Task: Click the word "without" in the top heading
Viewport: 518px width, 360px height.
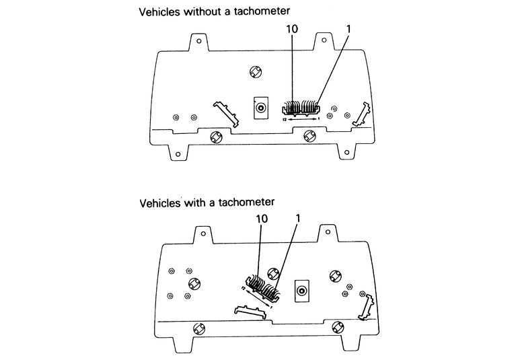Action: tap(201, 11)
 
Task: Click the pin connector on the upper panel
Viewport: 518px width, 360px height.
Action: tap(300, 107)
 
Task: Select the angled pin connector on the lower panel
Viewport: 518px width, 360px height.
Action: tap(261, 288)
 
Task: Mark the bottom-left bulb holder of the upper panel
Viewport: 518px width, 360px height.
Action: tap(217, 137)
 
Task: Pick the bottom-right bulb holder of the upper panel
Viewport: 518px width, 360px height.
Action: tap(309, 137)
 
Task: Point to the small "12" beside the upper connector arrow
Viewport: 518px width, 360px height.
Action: tap(285, 120)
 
